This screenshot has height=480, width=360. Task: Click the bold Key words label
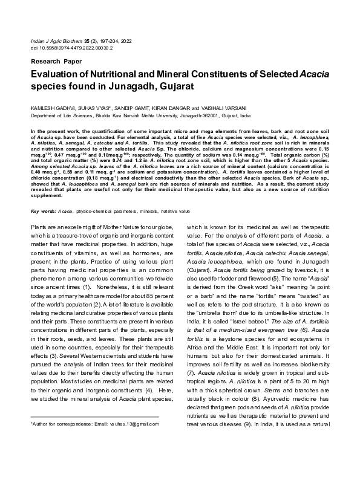click(x=43, y=211)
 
